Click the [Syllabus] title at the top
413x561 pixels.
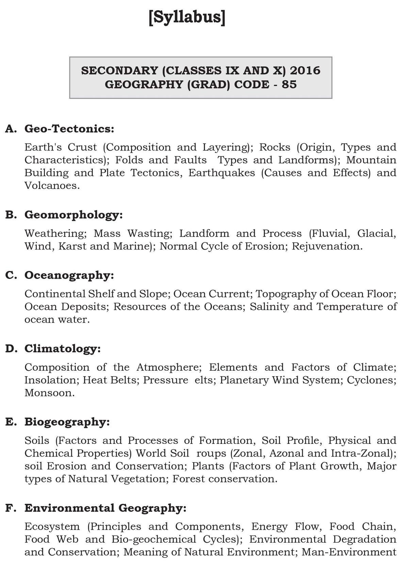[187, 17]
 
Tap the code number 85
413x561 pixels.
[289, 84]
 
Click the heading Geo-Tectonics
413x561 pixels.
[69, 129]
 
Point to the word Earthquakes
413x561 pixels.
[221, 173]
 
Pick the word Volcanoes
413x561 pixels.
[52, 186]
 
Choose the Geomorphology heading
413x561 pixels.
[73, 215]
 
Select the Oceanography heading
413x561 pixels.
[69, 275]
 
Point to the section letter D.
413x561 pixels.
[11, 349]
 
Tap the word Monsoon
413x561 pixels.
[49, 393]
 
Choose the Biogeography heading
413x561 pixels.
[67, 422]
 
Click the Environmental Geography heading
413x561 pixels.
[105, 508]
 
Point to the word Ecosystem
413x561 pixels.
[52, 527]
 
